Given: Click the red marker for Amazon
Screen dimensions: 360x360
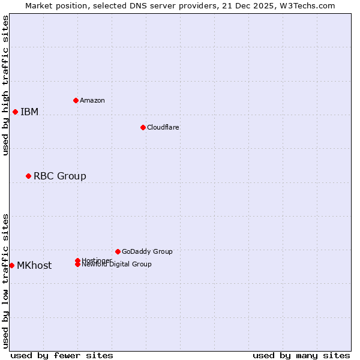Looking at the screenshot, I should (76, 100).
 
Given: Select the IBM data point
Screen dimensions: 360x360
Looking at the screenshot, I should (15, 112).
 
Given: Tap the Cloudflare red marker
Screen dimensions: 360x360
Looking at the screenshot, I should (143, 127).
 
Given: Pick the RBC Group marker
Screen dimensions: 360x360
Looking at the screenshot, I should (28, 176).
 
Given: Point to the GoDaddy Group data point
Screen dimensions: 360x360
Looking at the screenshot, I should (118, 251).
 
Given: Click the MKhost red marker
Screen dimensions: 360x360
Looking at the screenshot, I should (11, 265).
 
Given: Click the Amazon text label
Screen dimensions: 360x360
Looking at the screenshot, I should (92, 100).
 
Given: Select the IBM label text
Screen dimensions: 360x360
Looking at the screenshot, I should (29, 112).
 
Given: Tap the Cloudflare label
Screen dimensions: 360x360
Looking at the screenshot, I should (163, 127).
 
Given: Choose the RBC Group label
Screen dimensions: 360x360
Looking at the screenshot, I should (60, 176).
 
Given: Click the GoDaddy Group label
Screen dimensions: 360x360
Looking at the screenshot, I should (147, 251).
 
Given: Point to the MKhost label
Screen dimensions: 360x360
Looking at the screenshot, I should (34, 265).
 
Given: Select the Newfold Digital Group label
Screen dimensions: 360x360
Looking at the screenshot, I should (117, 265).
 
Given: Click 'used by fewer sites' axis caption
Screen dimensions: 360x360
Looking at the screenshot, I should (62, 355).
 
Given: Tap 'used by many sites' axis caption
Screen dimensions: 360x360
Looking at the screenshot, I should (301, 355).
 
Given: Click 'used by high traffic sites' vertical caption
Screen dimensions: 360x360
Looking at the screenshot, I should (6, 85).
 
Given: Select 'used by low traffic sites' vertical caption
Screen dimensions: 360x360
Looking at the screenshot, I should (6, 280).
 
